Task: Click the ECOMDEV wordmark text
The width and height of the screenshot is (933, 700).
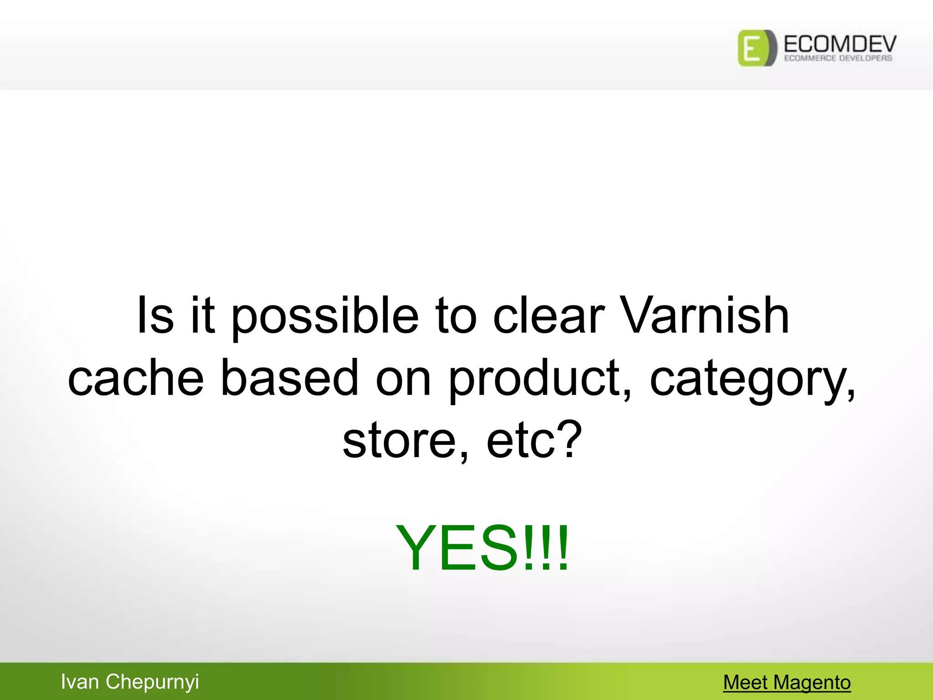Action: pos(840,44)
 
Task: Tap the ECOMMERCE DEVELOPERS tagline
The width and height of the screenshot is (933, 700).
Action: pos(838,58)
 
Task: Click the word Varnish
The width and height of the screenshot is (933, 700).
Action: pos(704,315)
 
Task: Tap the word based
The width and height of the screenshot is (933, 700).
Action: pos(290,377)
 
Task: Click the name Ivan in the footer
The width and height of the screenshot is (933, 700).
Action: pos(80,682)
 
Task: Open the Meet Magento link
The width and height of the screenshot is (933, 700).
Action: pos(787,683)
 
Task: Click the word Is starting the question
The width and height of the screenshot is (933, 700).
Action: pos(155,315)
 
